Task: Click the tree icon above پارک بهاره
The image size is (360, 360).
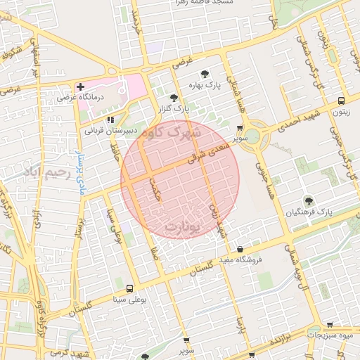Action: point(204,73)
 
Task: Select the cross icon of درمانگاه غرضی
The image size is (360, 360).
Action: point(81,86)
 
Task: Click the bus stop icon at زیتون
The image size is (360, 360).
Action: point(341,101)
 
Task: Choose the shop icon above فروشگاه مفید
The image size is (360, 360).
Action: point(240,249)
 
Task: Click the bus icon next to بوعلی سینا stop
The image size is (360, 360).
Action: point(129,288)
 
